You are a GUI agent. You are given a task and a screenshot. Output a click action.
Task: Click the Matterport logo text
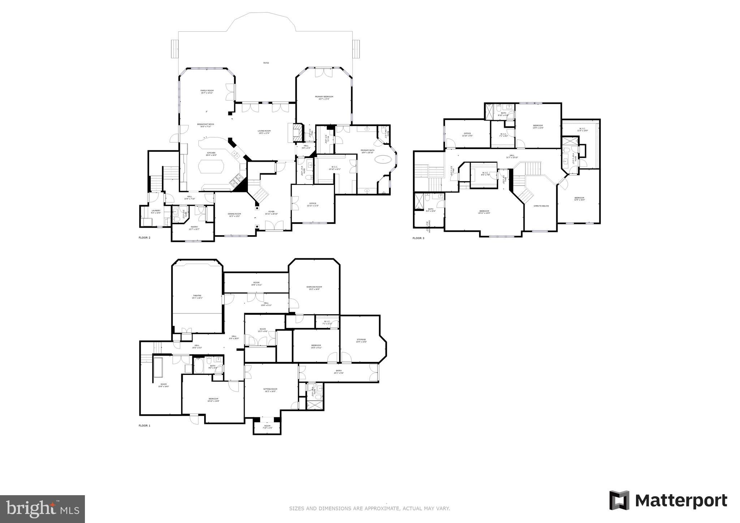(681, 501)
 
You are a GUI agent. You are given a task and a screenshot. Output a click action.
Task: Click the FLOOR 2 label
(144, 238)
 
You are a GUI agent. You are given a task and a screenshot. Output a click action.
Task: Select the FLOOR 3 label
(418, 238)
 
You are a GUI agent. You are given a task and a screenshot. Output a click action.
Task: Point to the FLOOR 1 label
(144, 425)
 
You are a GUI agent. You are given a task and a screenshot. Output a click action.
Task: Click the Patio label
(266, 63)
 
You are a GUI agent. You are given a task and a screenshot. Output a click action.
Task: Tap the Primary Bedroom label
(324, 97)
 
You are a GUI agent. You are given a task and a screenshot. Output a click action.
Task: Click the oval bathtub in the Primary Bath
(383, 159)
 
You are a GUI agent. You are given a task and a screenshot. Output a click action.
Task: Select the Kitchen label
(211, 153)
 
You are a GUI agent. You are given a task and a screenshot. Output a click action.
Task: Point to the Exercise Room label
(314, 287)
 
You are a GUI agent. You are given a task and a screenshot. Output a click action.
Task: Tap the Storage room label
(361, 340)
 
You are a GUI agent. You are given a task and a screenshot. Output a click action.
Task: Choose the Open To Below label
(541, 206)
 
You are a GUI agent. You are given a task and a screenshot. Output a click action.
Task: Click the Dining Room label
(234, 214)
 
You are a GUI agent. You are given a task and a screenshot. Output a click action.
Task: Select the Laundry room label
(156, 211)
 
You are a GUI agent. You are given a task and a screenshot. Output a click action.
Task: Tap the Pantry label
(194, 227)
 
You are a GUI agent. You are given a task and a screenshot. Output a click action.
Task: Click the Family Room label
(207, 91)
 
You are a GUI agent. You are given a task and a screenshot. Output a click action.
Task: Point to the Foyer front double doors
(274, 226)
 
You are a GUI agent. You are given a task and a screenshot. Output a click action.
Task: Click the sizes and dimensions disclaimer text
(369, 509)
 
